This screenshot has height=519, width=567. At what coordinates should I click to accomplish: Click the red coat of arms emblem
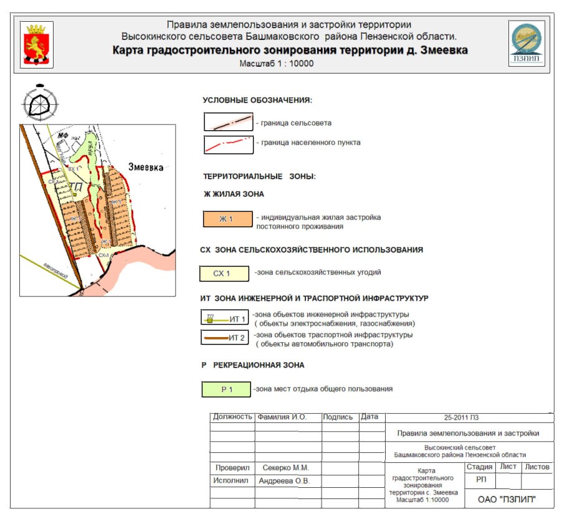click(x=37, y=45)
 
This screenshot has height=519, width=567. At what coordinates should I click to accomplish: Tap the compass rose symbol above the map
click(x=40, y=101)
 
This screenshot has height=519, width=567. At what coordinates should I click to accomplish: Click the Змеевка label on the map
click(x=145, y=168)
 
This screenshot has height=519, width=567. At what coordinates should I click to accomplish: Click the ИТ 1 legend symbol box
click(x=225, y=318)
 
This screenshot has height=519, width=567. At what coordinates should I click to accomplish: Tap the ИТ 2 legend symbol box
click(x=225, y=338)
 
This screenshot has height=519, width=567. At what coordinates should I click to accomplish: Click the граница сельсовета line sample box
click(x=228, y=122)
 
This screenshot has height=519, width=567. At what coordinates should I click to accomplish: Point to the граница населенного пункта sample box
click(x=228, y=143)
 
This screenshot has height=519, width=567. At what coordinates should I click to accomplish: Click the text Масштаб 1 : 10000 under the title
click(x=277, y=64)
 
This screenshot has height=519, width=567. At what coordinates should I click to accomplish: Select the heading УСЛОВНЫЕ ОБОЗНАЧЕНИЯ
click(x=257, y=100)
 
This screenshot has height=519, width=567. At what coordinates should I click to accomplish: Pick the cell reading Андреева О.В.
click(x=285, y=481)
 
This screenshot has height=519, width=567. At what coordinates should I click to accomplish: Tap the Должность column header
click(x=232, y=417)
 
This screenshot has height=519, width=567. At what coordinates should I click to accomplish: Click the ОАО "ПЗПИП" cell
click(x=507, y=499)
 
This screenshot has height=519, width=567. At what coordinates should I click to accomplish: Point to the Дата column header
click(x=369, y=417)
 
